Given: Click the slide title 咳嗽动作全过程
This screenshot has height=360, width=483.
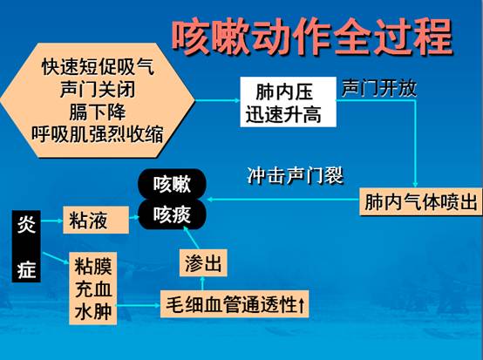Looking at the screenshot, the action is tap(312, 37).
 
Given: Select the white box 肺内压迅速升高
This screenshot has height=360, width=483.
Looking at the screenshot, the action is tap(288, 102).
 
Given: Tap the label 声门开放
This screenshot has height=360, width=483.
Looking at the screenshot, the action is tap(379, 88).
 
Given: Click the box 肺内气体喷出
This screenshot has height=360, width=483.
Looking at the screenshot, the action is tap(420, 202).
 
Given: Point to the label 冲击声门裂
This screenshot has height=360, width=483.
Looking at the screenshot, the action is tap(295, 176).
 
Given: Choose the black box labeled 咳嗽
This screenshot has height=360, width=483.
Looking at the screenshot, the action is tap(172, 184).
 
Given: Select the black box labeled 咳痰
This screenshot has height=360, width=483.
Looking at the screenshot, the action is tap(172, 214).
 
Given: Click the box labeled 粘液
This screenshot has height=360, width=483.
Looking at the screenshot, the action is tap(96, 220).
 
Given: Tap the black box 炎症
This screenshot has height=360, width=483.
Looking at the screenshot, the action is tap(26, 246).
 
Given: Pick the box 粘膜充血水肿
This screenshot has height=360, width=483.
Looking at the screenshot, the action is tap(92, 289).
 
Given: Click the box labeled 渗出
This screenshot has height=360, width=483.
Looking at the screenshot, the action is tap(203, 262).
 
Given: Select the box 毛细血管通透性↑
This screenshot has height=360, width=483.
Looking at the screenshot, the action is tap(235, 304).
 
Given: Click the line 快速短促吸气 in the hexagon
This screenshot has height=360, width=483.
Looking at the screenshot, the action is tap(98, 67).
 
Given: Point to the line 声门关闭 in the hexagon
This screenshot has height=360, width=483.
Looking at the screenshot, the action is tap(98, 89).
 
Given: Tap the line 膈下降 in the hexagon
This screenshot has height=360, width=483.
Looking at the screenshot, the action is tap(98, 112).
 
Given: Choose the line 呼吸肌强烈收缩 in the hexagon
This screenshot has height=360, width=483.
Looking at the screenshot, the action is tap(98, 134).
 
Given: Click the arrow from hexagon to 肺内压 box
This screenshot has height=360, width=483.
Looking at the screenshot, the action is tap(217, 100).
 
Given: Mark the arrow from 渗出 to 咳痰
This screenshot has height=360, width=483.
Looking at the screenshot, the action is tap(191, 237).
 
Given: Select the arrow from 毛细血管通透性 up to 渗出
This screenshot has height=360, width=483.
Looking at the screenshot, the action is tap(202, 283).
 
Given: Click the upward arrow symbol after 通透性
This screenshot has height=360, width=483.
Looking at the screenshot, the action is tap(301, 304).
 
